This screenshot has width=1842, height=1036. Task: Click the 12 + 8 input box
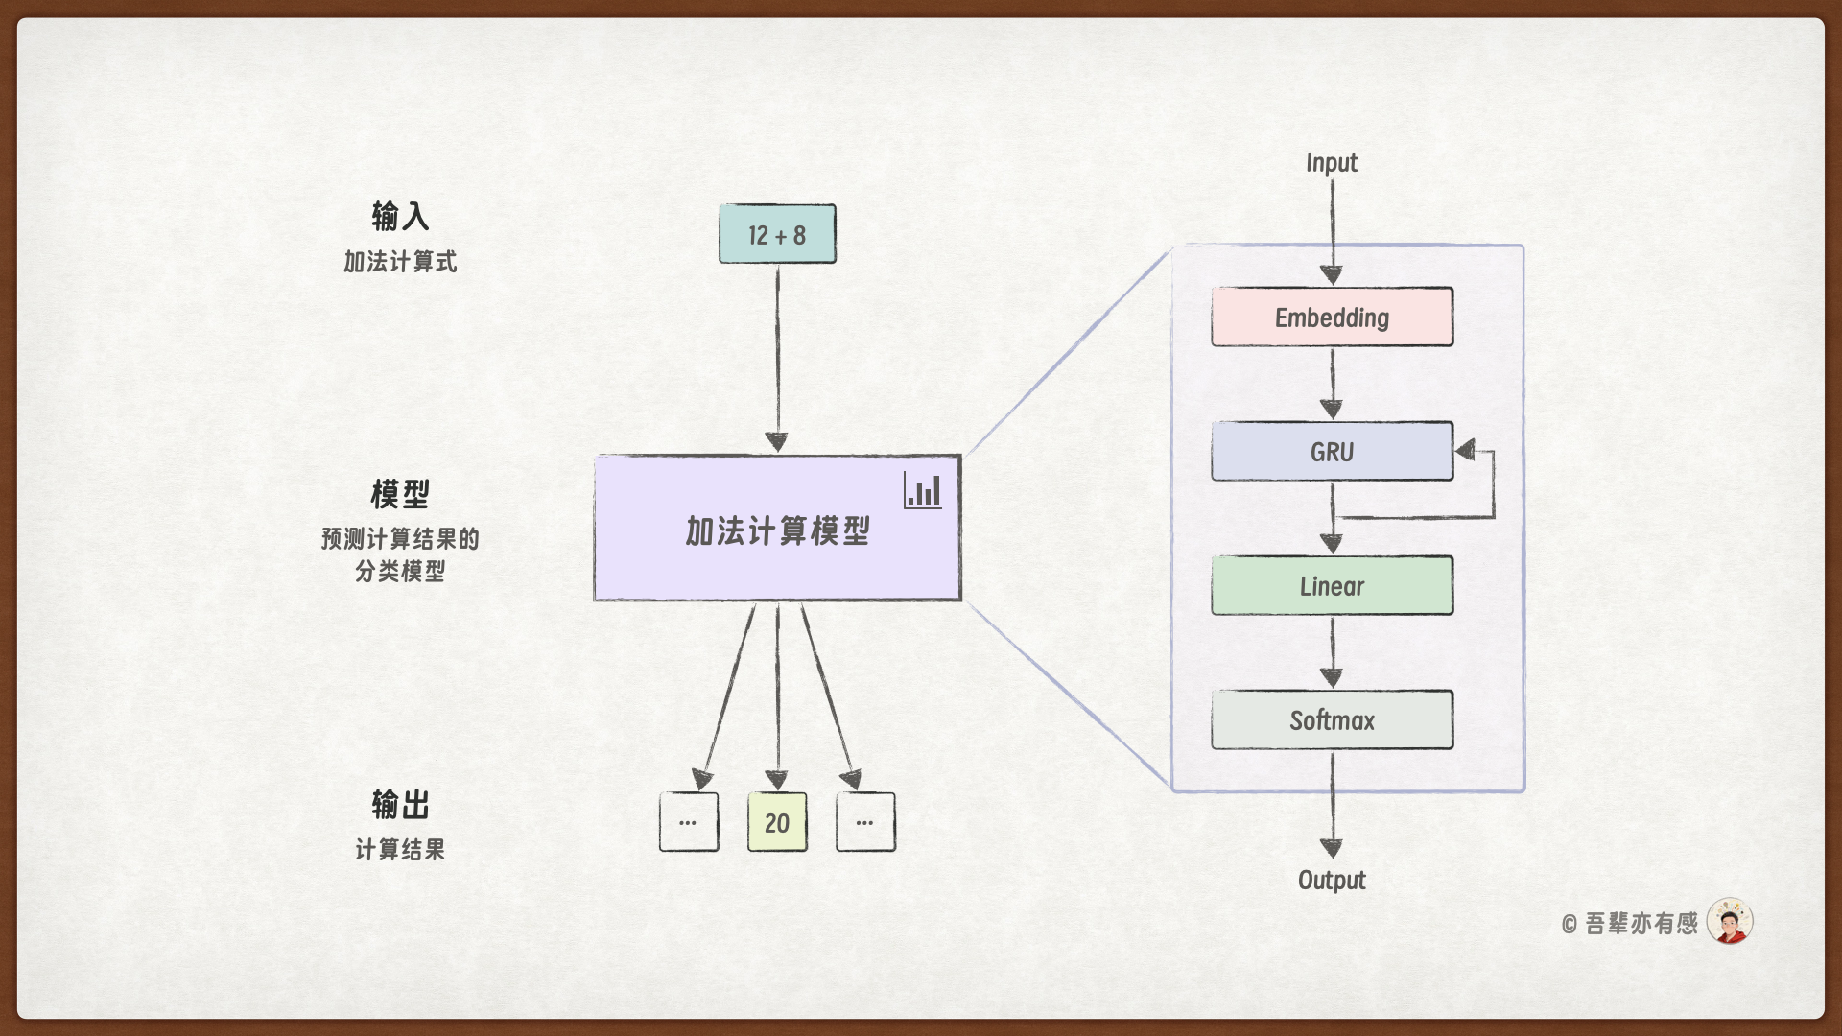(777, 234)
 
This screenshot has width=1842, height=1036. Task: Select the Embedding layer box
(1332, 318)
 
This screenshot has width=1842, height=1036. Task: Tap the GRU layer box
(1332, 452)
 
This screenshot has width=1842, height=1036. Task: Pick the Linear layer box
(1332, 586)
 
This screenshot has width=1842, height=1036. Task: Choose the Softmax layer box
(1332, 720)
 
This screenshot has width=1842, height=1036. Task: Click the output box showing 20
(777, 822)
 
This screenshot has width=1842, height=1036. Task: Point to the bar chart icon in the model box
(922, 491)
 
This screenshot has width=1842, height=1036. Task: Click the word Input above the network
(1332, 163)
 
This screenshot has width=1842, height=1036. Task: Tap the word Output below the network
(1332, 880)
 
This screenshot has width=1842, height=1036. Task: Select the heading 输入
(400, 217)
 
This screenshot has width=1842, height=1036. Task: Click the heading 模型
(400, 495)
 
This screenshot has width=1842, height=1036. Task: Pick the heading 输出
(400, 804)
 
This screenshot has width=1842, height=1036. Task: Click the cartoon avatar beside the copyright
(1730, 922)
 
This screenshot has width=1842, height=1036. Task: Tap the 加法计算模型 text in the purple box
(777, 530)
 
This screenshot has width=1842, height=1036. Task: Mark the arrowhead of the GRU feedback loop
(1465, 450)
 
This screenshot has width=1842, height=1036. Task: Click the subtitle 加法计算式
(400, 262)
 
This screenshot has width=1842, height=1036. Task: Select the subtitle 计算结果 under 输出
(400, 850)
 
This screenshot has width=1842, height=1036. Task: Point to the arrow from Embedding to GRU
(1332, 384)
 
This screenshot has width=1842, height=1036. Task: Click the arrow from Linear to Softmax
(1332, 652)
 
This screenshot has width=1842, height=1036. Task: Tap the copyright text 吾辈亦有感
(1641, 924)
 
